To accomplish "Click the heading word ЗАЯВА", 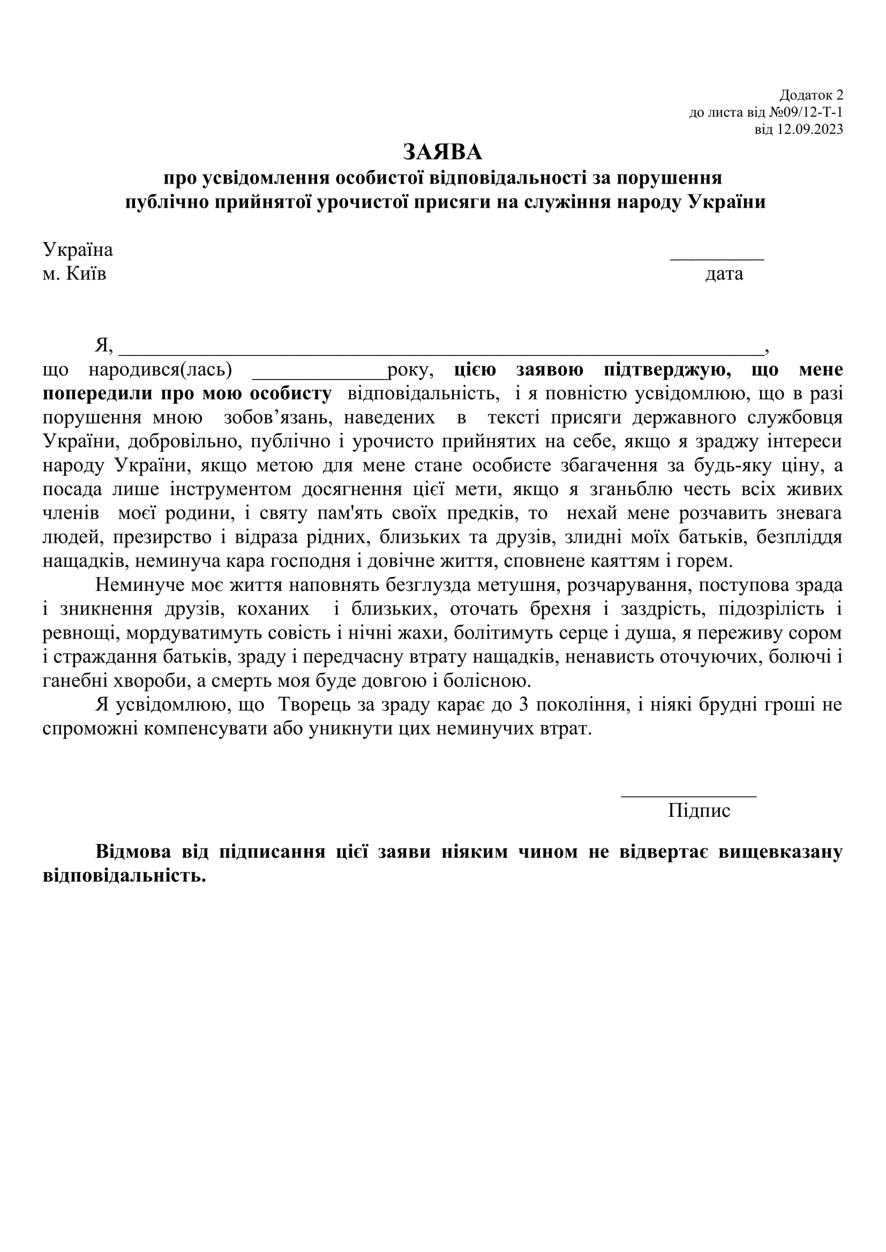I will (x=442, y=152).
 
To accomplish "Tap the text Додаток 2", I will (x=810, y=95).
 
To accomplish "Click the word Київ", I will (x=86, y=274).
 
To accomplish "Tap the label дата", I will (x=724, y=274).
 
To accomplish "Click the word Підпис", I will (x=699, y=811).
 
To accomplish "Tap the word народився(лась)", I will (x=160, y=370).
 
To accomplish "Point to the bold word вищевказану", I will (x=780, y=852).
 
